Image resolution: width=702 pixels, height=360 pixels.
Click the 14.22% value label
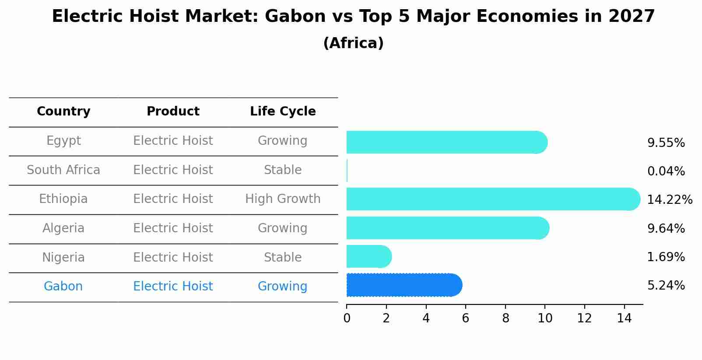[x=669, y=200]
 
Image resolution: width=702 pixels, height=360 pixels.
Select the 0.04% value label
[x=666, y=171]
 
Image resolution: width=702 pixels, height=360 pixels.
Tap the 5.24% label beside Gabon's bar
[x=666, y=286]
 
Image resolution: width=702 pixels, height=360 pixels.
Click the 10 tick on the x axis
[x=545, y=318]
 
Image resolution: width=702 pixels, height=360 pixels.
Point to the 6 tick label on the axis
[x=465, y=318]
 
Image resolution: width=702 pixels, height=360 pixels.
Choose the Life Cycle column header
[x=283, y=112]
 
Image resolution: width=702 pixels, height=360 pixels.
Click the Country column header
[x=63, y=112]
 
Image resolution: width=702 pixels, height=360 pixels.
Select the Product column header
[x=173, y=112]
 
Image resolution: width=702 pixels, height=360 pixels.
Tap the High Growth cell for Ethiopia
[x=283, y=199]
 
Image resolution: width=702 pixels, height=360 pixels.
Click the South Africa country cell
[x=63, y=170]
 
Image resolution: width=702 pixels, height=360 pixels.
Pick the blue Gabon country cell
[x=63, y=287]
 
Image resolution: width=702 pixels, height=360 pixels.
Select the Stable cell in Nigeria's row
[x=283, y=257]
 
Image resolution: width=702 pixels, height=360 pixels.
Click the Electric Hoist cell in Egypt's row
[x=173, y=141]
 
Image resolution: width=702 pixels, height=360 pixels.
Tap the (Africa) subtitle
[x=353, y=43]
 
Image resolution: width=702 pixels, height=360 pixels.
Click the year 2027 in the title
[x=632, y=17]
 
